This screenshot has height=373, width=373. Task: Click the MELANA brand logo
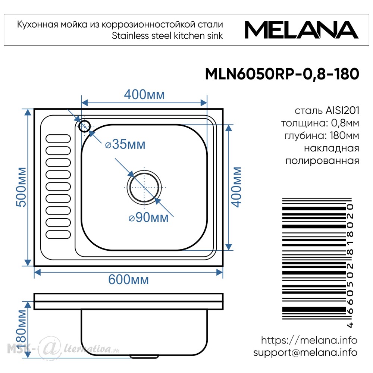(x=301, y=30)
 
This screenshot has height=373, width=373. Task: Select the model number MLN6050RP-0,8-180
(x=282, y=74)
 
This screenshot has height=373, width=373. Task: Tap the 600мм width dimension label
(x=128, y=279)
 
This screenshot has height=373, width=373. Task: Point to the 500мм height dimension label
(x=21, y=187)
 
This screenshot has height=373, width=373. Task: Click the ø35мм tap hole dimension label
(x=125, y=144)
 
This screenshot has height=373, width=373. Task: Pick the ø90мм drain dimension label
(x=148, y=217)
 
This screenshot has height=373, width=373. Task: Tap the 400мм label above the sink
(x=144, y=94)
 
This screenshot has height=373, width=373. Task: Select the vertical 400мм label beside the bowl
(x=236, y=187)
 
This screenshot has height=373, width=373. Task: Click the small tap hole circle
(x=84, y=126)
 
